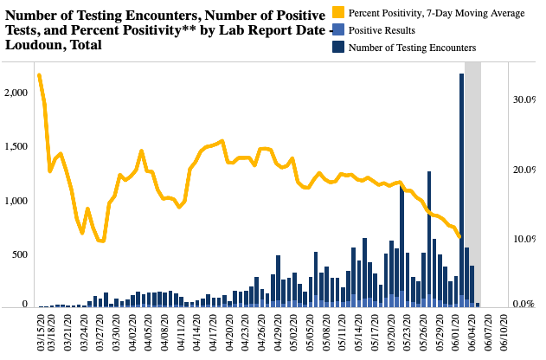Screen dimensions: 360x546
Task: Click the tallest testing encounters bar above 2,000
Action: [462, 190]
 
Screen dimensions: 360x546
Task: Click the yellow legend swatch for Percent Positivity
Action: [340, 13]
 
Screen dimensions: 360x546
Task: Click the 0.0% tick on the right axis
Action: [525, 305]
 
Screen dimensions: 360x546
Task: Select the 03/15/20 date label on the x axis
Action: [41, 332]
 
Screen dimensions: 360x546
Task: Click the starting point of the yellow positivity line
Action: [40, 75]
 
